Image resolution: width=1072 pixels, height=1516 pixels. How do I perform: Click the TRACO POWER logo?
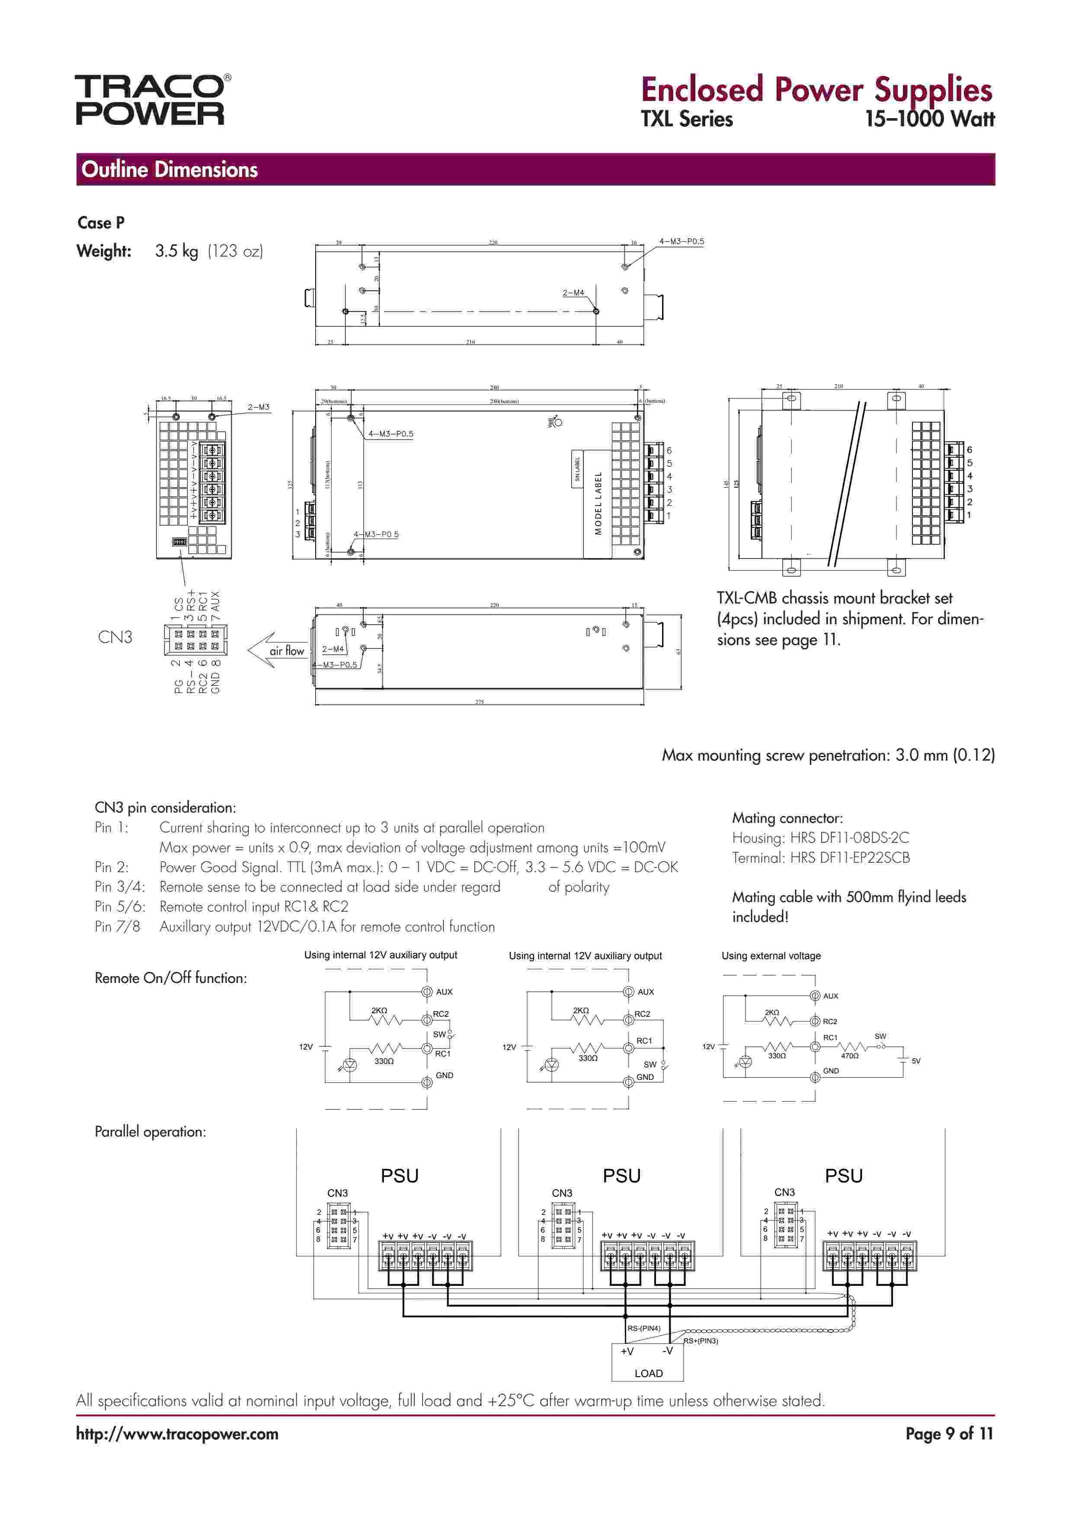click(x=151, y=100)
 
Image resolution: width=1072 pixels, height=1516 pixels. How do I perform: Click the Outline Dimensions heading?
click(x=169, y=170)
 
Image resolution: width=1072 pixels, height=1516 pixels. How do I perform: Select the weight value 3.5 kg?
click(x=176, y=251)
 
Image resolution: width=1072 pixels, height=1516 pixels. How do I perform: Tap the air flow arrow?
click(x=277, y=650)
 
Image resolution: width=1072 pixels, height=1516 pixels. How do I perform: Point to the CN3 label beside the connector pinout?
click(x=115, y=637)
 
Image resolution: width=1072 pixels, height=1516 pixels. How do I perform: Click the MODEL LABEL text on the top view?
click(x=598, y=503)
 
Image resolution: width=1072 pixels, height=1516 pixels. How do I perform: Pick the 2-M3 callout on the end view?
click(x=258, y=408)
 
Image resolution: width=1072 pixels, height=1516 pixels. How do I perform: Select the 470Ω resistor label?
click(x=850, y=1056)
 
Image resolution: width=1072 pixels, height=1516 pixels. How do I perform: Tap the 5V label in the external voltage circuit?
click(x=915, y=1061)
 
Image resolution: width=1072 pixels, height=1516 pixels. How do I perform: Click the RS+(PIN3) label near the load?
click(x=701, y=1341)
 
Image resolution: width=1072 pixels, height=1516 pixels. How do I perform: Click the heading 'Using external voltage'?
click(x=771, y=956)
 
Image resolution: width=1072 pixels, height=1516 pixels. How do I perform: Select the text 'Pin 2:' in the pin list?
click(x=112, y=867)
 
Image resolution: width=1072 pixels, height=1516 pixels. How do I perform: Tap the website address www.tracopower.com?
click(x=177, y=1434)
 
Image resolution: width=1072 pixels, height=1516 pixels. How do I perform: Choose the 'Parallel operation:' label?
click(x=150, y=1132)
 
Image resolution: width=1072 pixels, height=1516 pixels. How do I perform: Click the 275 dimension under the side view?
click(x=479, y=702)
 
